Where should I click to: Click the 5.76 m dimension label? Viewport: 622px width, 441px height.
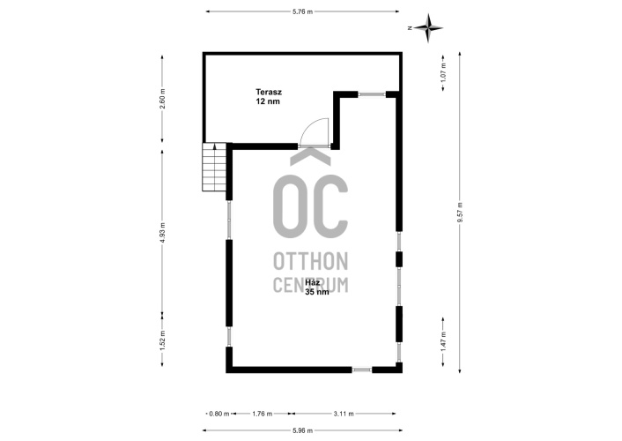coord(303,11)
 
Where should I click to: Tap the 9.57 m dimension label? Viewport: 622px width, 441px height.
coord(460,213)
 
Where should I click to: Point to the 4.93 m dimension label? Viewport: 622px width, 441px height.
coord(162,233)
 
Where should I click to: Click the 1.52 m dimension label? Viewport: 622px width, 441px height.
coord(162,340)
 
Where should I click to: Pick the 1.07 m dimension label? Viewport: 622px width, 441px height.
coord(443,71)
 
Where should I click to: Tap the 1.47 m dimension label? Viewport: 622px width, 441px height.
coord(443,340)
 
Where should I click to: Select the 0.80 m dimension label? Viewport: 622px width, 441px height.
coord(219,414)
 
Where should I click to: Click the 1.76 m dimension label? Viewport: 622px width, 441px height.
coord(263,414)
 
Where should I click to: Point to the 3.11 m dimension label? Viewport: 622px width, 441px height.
coord(344,414)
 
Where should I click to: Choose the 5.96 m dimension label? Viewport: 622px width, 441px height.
coord(303,430)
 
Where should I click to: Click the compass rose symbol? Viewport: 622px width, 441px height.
coord(427,28)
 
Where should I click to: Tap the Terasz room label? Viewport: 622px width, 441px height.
coord(269,93)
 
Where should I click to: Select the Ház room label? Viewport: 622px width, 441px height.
coord(313,283)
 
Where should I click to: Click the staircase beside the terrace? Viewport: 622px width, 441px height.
coord(214,167)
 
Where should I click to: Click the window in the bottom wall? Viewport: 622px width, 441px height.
coord(362,370)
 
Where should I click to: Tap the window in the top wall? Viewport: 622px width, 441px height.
coord(372,94)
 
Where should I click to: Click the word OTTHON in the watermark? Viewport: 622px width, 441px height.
coord(311,261)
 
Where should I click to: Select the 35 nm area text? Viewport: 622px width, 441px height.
coord(317,292)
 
